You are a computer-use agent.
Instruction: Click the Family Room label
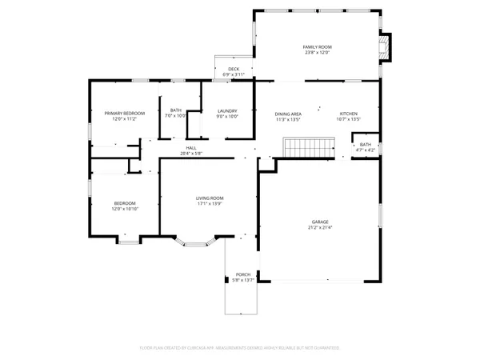(x=317, y=47)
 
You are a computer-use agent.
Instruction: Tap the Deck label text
(x=234, y=69)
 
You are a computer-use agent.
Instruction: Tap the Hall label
(x=191, y=148)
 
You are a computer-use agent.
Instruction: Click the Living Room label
(x=210, y=198)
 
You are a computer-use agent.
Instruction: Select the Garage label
(x=320, y=222)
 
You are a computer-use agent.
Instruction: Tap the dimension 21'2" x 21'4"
(x=320, y=228)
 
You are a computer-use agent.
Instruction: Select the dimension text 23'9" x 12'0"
(x=317, y=54)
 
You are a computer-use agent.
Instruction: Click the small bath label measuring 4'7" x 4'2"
(x=366, y=147)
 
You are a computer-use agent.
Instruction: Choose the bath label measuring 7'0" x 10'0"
(x=175, y=114)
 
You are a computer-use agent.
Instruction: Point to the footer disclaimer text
(x=240, y=348)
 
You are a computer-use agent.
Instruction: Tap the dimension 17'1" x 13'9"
(x=210, y=204)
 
